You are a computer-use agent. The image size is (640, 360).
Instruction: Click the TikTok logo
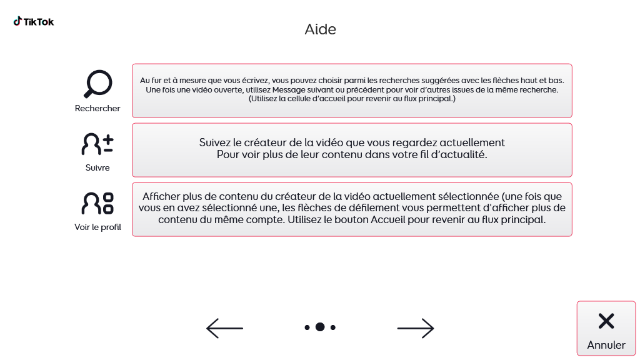pyautogui.click(x=34, y=22)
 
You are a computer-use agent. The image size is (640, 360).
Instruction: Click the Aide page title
pyautogui.click(x=320, y=29)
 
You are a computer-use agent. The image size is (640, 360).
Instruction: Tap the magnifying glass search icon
pyautogui.click(x=97, y=84)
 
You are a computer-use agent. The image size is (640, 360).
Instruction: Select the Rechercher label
pyautogui.click(x=97, y=108)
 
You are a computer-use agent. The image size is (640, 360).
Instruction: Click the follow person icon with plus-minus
pyautogui.click(x=97, y=144)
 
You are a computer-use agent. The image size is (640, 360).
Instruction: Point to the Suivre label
pyautogui.click(x=97, y=167)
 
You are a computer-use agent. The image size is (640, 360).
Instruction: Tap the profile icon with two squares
pyautogui.click(x=97, y=203)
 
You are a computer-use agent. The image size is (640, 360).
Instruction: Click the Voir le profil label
pyautogui.click(x=97, y=227)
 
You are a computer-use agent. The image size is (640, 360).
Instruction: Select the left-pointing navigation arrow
pyautogui.click(x=224, y=327)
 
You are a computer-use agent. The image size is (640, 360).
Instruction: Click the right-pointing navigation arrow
pyautogui.click(x=416, y=327)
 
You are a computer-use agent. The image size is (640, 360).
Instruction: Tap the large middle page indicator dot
pyautogui.click(x=320, y=327)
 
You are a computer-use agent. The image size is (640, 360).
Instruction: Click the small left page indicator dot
pyautogui.click(x=307, y=327)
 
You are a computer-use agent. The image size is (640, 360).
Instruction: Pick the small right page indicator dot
pyautogui.click(x=333, y=327)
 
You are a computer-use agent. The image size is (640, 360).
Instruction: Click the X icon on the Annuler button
pyautogui.click(x=606, y=321)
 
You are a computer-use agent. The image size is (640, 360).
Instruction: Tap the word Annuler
pyautogui.click(x=606, y=345)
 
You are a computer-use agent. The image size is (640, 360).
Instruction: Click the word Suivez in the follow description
pyautogui.click(x=216, y=142)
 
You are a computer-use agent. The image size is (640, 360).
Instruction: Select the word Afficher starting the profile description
pyautogui.click(x=162, y=196)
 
